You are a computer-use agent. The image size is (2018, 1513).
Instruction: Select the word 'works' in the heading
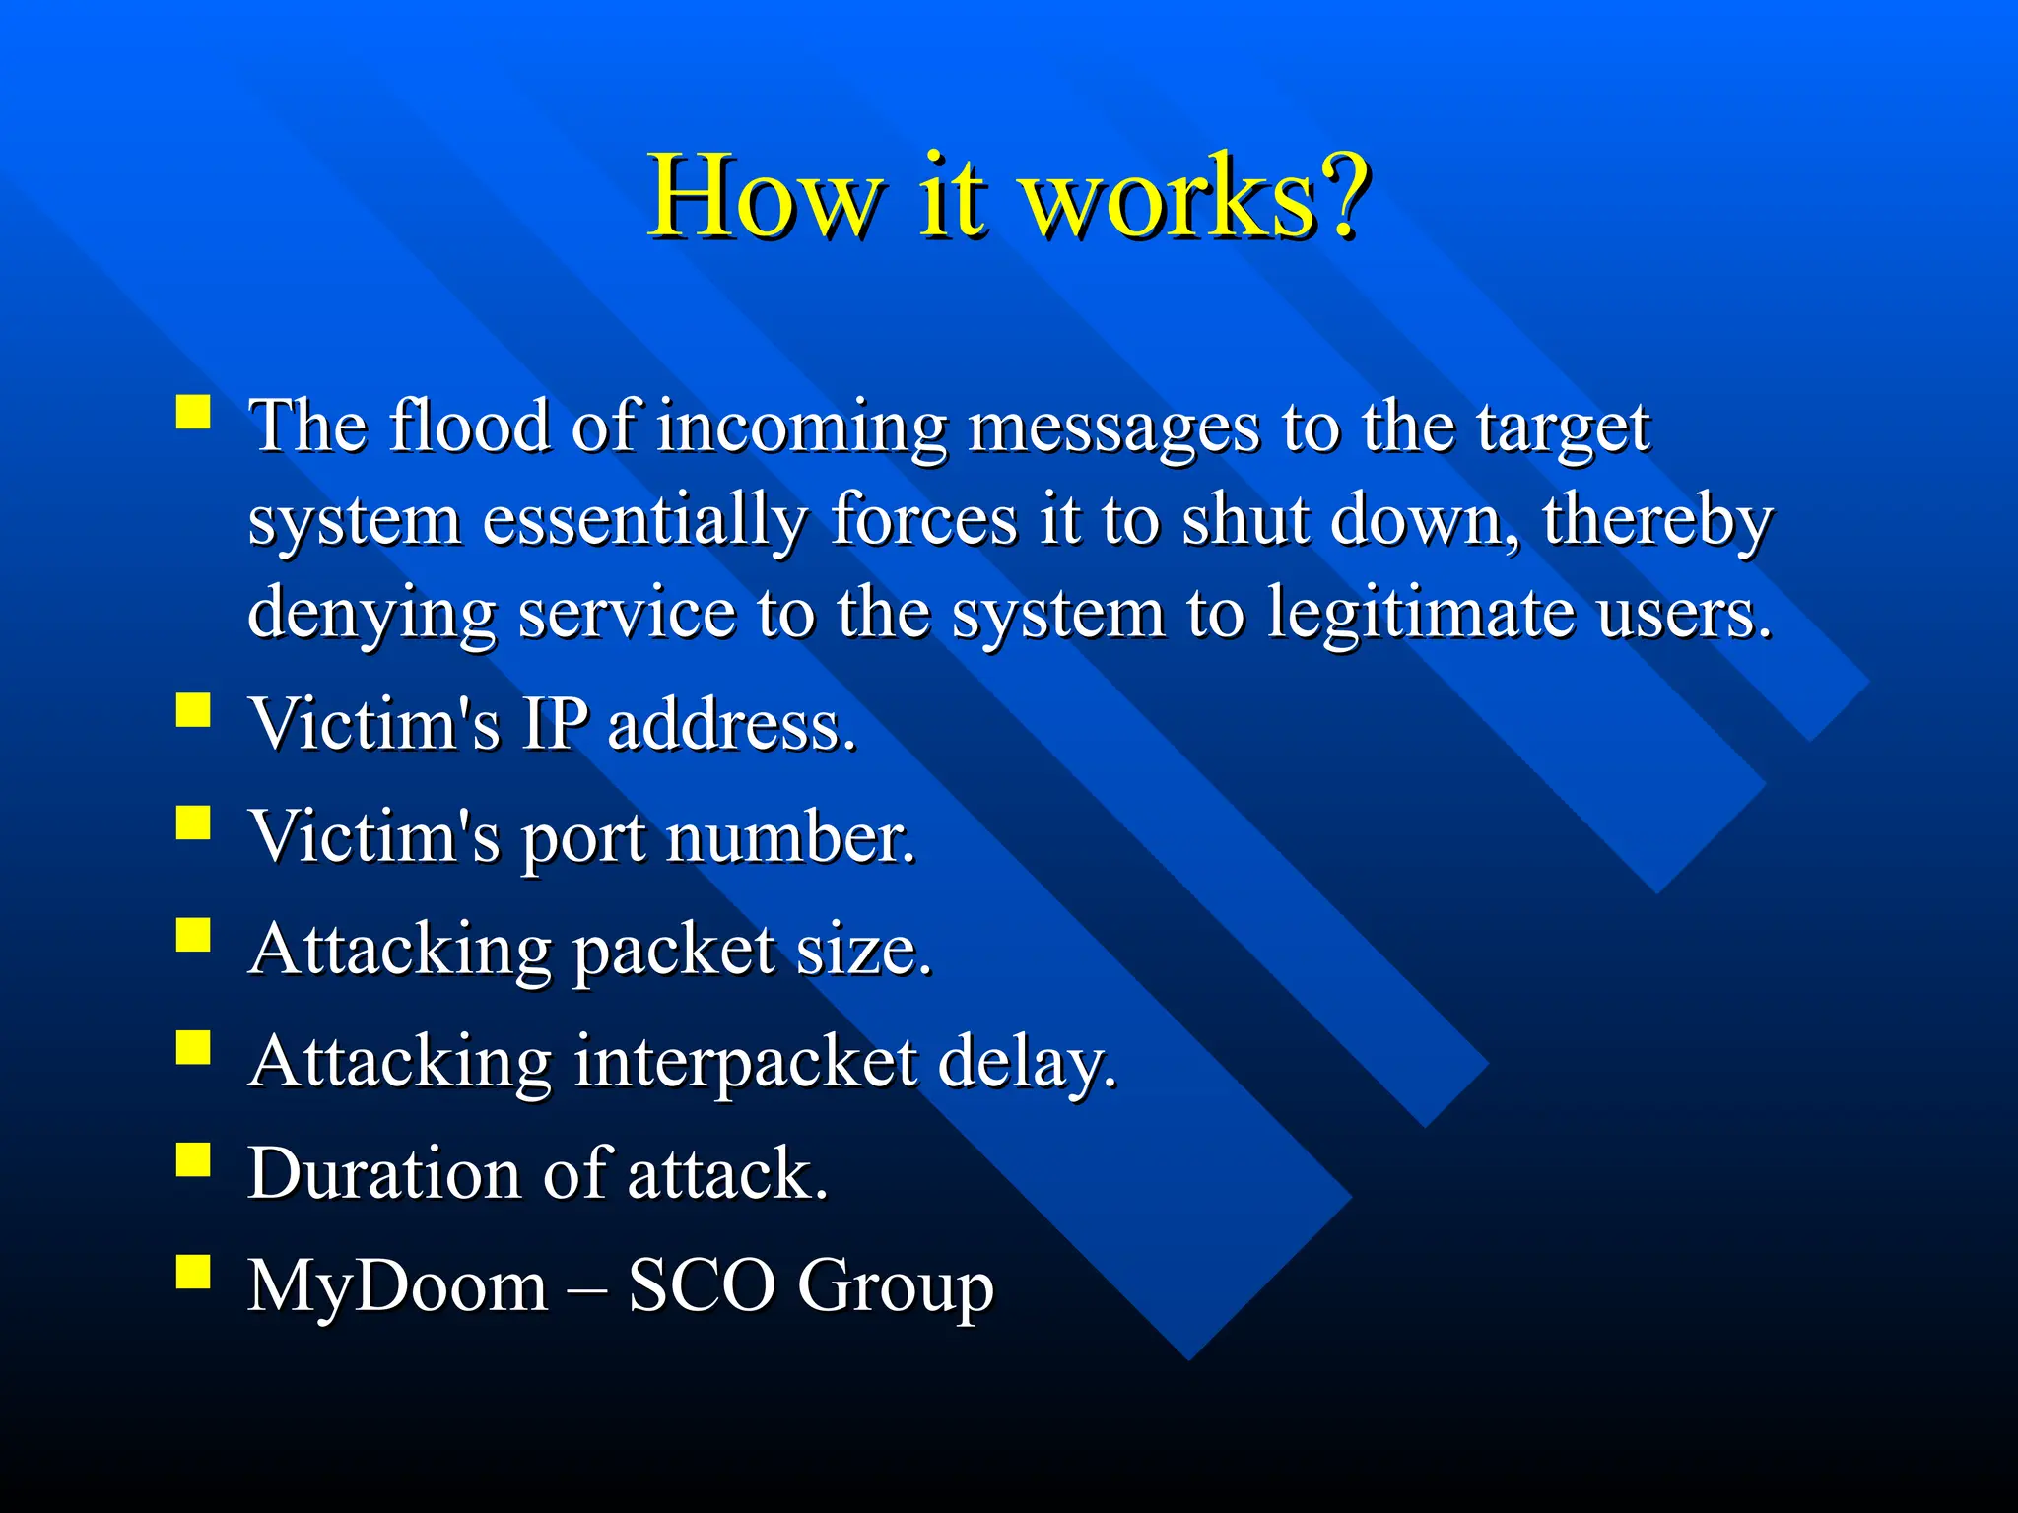(1168, 196)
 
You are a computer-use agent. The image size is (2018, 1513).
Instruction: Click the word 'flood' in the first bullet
(469, 426)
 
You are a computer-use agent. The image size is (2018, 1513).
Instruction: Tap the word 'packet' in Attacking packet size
(674, 952)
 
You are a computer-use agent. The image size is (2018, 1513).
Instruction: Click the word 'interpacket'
(745, 1063)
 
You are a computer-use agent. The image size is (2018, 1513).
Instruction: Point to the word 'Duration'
(383, 1174)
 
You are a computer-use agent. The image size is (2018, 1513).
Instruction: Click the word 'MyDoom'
(397, 1286)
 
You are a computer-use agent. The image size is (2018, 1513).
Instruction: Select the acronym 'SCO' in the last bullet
(702, 1286)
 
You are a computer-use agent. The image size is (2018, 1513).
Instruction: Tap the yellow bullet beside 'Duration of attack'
(193, 1160)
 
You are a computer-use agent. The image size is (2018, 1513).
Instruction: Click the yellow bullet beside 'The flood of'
(193, 411)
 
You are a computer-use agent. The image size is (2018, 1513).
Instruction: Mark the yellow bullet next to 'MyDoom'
(193, 1272)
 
